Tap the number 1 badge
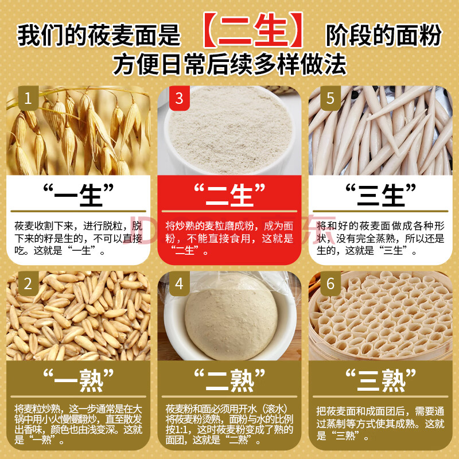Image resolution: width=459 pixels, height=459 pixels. (x=28, y=98)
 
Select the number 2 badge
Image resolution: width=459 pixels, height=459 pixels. (x=28, y=283)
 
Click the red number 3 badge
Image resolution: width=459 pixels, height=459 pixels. (x=179, y=98)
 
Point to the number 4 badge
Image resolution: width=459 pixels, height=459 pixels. (x=179, y=283)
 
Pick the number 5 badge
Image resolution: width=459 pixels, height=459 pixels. (x=330, y=98)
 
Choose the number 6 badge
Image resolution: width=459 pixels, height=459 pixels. (x=330, y=283)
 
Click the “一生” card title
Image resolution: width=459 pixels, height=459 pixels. (x=78, y=195)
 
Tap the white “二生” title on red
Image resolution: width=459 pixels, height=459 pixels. (x=229, y=195)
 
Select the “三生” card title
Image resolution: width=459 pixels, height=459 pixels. (x=380, y=195)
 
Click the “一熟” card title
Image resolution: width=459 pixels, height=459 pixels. (x=78, y=380)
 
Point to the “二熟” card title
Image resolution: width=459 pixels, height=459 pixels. (x=229, y=380)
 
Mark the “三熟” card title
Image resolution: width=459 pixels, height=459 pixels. (x=380, y=380)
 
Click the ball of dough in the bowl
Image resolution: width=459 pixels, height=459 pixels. (x=231, y=324)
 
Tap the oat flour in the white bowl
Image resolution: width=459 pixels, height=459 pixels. (x=230, y=129)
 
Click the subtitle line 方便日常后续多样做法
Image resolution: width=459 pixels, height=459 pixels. (x=229, y=64)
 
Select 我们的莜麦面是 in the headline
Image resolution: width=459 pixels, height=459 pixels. (x=99, y=35)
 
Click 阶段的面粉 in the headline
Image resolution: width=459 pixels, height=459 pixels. (x=383, y=35)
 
